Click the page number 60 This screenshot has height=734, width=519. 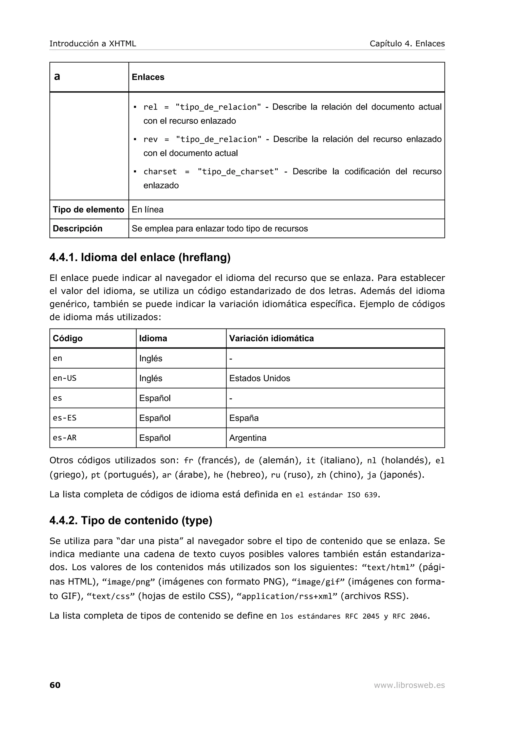coord(55,685)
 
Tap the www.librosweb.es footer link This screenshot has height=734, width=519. coord(409,685)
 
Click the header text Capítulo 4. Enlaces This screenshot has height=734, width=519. coord(407,44)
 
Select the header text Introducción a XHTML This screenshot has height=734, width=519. coord(93,44)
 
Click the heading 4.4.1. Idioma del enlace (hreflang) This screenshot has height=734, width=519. coord(140,257)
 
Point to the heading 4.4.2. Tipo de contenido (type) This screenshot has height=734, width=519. coord(131,520)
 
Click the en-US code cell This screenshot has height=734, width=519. coord(65,378)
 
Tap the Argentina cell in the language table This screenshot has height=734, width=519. coord(248,438)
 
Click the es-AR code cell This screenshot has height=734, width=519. coord(65,438)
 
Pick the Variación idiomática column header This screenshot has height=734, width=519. coord(271,338)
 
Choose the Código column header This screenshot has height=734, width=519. coord(67,338)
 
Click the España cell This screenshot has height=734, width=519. coord(244,418)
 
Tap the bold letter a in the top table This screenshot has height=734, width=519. coord(57,77)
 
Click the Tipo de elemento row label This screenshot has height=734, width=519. coord(88,210)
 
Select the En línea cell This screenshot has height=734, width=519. coord(147,210)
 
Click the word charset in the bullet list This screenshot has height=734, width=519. coord(160,172)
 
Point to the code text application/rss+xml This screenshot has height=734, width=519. coord(287,596)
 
